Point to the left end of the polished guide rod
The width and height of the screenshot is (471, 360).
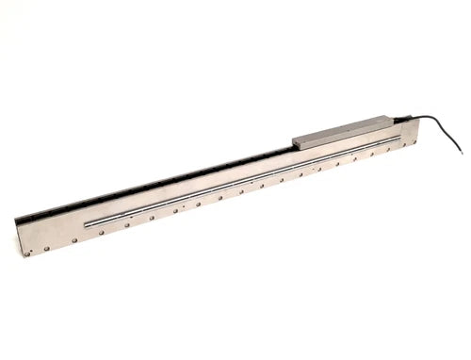86,224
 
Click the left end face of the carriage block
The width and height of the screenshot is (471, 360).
295,142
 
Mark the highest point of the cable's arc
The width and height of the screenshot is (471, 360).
429,116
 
